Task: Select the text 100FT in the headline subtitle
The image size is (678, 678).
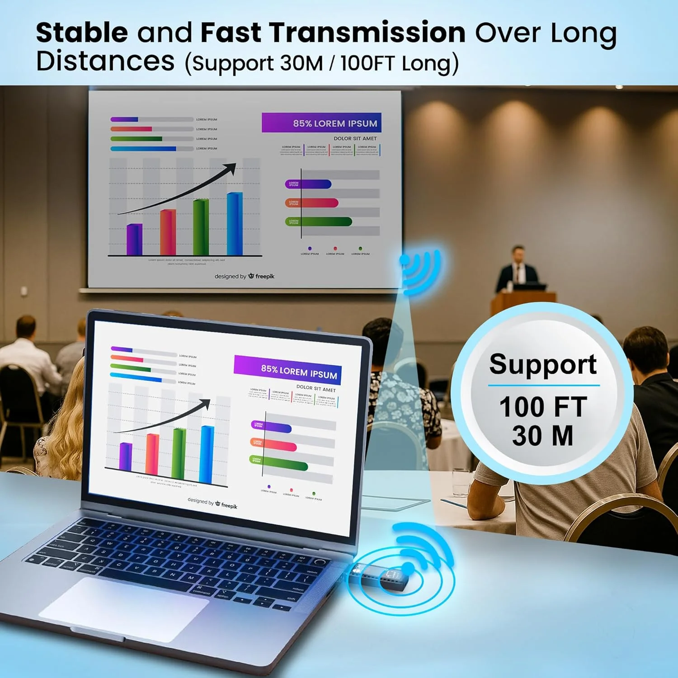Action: pyautogui.click(x=367, y=63)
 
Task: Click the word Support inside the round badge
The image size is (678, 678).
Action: pyautogui.click(x=543, y=364)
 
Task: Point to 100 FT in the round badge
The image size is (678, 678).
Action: pyautogui.click(x=543, y=407)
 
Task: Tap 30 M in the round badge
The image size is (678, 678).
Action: pyautogui.click(x=542, y=436)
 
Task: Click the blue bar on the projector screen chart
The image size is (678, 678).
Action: pyautogui.click(x=235, y=224)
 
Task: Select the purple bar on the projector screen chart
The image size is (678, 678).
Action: pyautogui.click(x=134, y=239)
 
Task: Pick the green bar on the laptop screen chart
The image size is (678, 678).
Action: pyautogui.click(x=179, y=454)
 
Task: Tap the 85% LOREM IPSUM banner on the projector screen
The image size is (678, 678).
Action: pyautogui.click(x=321, y=123)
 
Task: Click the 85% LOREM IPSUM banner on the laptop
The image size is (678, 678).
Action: pyautogui.click(x=287, y=371)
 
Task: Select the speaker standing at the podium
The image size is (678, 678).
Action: pyautogui.click(x=518, y=269)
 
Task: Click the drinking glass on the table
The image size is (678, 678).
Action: pyautogui.click(x=460, y=483)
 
